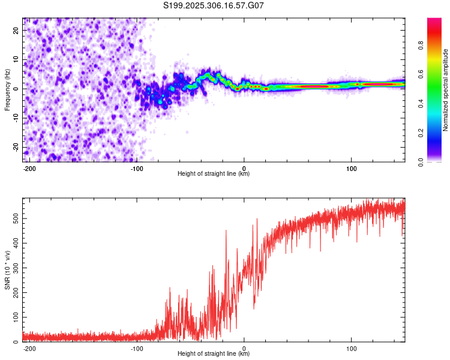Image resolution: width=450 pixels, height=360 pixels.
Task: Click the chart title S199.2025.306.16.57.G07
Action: click(214, 6)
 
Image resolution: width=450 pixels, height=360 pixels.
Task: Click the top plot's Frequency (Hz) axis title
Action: click(7, 89)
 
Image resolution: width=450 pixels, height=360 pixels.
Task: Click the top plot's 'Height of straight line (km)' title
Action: click(214, 174)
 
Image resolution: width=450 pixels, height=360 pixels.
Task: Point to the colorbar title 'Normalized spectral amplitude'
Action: click(446, 90)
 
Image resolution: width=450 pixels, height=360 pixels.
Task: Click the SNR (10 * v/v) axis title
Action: click(7, 270)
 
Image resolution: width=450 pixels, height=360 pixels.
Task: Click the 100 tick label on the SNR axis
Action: click(15, 317)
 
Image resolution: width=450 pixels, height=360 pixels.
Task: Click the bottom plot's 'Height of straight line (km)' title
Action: click(214, 354)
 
